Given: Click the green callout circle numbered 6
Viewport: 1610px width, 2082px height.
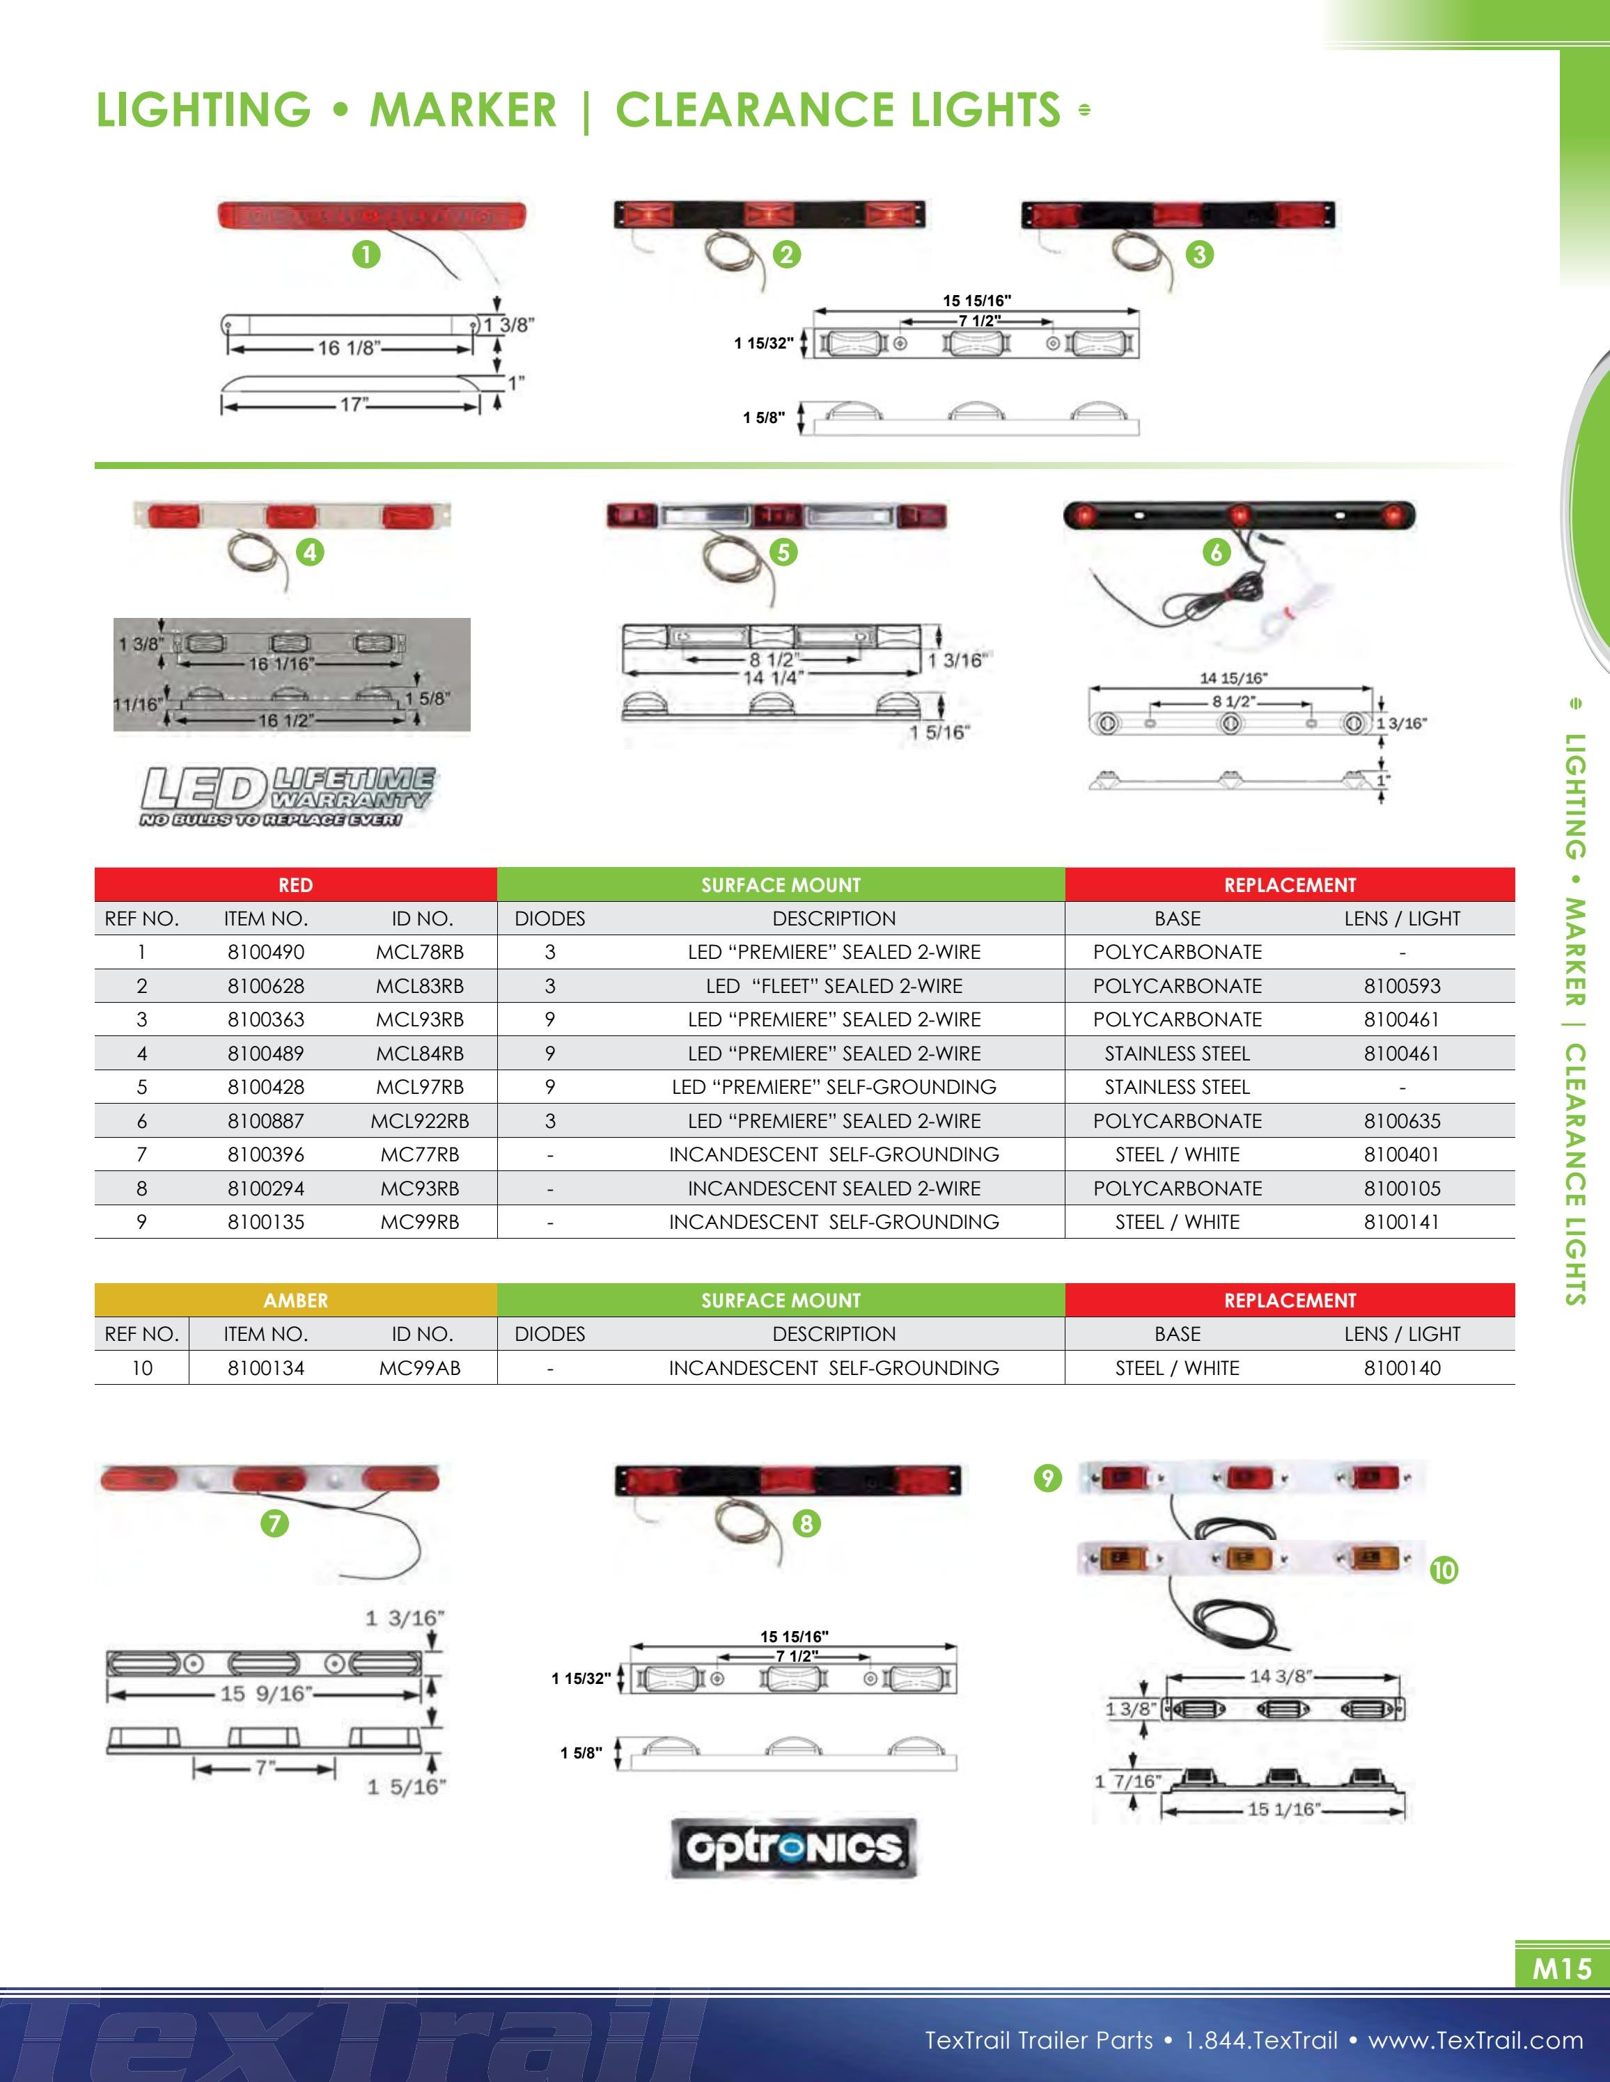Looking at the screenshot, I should click(x=1216, y=552).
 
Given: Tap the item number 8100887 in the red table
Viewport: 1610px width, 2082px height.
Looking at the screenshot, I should click(x=265, y=1121).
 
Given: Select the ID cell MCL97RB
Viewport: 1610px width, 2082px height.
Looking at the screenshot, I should click(x=420, y=1087).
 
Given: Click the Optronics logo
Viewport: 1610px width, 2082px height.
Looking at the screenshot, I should click(x=794, y=1848).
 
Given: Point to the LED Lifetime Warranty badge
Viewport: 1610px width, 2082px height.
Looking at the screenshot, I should click(x=287, y=796).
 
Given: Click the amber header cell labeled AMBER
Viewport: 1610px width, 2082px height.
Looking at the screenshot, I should click(x=296, y=1301).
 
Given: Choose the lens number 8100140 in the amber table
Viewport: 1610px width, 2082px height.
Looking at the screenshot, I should click(x=1401, y=1368).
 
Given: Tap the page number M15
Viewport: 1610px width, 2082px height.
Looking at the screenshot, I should click(x=1561, y=1968).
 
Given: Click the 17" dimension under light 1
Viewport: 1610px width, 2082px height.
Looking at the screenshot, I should click(x=354, y=404).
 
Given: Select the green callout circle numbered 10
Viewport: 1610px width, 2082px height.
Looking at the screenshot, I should click(x=1444, y=1569).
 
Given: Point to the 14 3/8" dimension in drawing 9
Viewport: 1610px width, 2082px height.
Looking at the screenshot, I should click(x=1281, y=1676).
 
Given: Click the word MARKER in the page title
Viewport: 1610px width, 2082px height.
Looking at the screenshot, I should click(x=462, y=110).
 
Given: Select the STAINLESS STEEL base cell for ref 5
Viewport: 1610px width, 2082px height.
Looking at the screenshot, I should click(x=1177, y=1087).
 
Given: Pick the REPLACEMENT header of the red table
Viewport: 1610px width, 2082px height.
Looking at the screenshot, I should click(x=1290, y=884).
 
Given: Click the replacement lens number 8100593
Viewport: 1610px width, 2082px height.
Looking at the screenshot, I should click(x=1401, y=986).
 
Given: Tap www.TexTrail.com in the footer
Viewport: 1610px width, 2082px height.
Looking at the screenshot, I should click(x=1475, y=2040).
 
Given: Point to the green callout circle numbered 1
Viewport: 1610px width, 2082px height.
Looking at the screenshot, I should click(x=366, y=255).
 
